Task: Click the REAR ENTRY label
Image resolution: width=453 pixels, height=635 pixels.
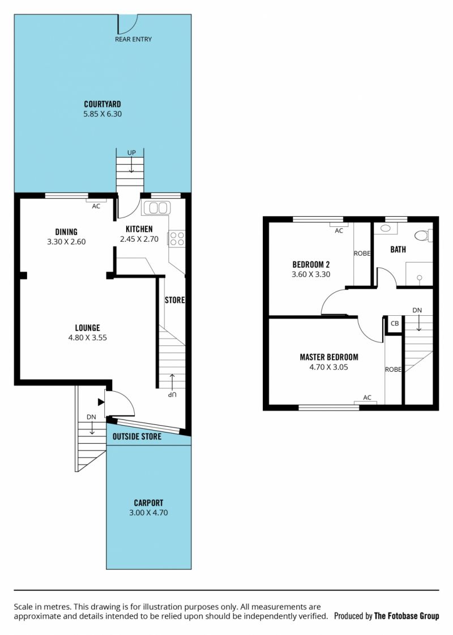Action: pyautogui.click(x=133, y=39)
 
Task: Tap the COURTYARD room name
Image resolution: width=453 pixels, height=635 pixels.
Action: pyautogui.click(x=102, y=104)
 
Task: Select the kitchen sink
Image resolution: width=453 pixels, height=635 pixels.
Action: pyautogui.click(x=156, y=208)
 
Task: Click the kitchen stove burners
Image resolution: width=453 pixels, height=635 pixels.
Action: pyautogui.click(x=177, y=238)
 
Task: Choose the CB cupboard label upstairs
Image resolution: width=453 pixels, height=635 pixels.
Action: pyautogui.click(x=395, y=323)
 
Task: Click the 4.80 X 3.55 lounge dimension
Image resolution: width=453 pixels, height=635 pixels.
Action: pyautogui.click(x=88, y=337)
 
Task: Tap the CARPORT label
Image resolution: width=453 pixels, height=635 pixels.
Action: pyautogui.click(x=149, y=503)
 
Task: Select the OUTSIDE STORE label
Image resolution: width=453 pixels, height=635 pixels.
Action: pyautogui.click(x=137, y=436)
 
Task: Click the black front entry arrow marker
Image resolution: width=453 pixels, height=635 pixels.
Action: pyautogui.click(x=101, y=402)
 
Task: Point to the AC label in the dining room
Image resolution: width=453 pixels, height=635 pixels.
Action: pyautogui.click(x=96, y=206)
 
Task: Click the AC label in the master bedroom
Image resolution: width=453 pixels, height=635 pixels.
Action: pyautogui.click(x=367, y=398)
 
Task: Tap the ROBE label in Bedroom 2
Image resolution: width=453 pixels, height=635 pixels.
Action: pyautogui.click(x=362, y=254)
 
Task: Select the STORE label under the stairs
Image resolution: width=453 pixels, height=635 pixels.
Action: pyautogui.click(x=174, y=300)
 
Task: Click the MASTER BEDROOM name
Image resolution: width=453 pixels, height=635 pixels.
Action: pyautogui.click(x=329, y=357)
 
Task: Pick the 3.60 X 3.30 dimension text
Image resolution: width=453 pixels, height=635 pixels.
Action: pyautogui.click(x=311, y=274)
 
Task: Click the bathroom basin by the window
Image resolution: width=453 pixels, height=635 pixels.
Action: pyautogui.click(x=386, y=229)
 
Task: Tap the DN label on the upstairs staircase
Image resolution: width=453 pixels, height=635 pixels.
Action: pyautogui.click(x=417, y=310)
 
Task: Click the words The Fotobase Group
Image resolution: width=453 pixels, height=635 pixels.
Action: pyautogui.click(x=407, y=616)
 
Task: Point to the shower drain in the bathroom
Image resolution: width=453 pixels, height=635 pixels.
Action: pyautogui.click(x=420, y=278)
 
